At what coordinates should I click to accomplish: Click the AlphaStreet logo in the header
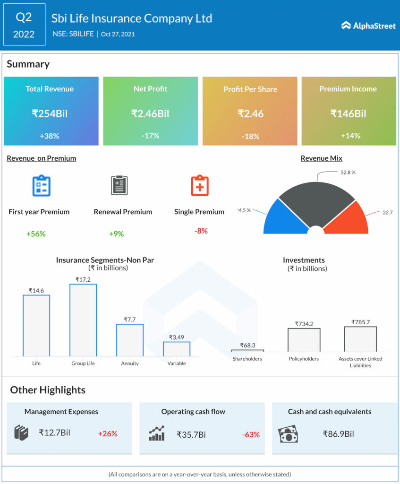click(x=368, y=26)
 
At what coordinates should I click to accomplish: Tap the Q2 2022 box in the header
click(x=24, y=25)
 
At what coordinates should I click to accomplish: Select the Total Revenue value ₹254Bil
click(x=50, y=113)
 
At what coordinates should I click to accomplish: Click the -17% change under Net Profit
click(x=150, y=136)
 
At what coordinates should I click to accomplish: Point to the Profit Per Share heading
click(x=250, y=89)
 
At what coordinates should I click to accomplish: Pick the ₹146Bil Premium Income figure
click(x=348, y=113)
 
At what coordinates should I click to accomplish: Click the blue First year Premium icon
click(x=41, y=186)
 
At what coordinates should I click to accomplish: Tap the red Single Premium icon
click(x=199, y=186)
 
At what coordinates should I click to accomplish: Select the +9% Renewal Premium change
click(x=116, y=233)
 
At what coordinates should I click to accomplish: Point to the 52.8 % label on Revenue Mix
click(x=348, y=173)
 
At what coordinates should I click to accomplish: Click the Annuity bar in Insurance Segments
click(x=130, y=340)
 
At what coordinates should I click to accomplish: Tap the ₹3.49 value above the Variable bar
click(x=177, y=337)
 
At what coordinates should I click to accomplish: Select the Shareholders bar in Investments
click(x=247, y=351)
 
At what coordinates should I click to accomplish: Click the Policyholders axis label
click(x=304, y=359)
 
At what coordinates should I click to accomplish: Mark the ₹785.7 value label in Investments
click(x=360, y=322)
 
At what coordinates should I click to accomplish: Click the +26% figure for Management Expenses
click(x=108, y=433)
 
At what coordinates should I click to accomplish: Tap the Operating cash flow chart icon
click(x=157, y=433)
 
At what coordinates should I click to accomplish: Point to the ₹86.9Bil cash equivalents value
click(x=338, y=433)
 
